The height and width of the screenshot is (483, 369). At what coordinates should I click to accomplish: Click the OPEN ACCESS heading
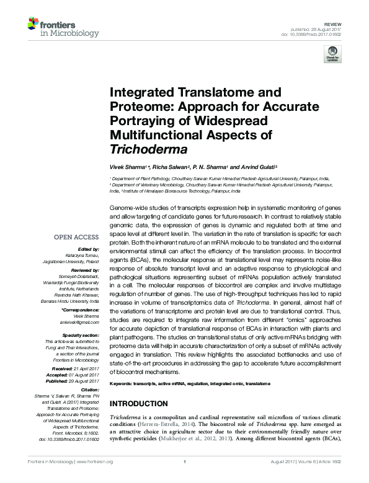pyautogui.click(x=76, y=237)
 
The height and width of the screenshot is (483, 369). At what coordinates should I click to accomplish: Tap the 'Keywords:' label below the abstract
pyautogui.click(x=124, y=384)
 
